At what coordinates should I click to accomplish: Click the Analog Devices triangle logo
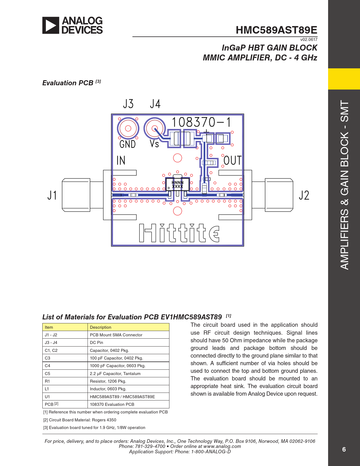tap(51, 25)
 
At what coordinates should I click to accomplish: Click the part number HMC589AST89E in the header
tap(276, 30)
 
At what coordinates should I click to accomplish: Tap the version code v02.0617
tap(309, 40)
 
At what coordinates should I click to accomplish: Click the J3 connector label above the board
tap(128, 104)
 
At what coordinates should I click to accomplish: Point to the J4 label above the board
tap(155, 104)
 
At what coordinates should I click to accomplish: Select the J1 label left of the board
tap(52, 195)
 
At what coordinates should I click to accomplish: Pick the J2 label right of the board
tap(304, 195)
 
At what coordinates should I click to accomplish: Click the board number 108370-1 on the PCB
tap(201, 122)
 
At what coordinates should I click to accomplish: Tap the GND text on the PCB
tap(128, 144)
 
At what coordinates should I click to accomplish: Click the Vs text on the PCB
tap(154, 144)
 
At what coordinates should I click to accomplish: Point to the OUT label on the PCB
tap(232, 160)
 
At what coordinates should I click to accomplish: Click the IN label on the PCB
tap(121, 160)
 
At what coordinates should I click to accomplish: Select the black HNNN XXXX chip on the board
tap(178, 184)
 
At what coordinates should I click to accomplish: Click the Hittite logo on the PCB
tap(179, 233)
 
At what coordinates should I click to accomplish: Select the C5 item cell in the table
tap(65, 374)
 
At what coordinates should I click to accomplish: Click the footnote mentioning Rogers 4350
tap(80, 420)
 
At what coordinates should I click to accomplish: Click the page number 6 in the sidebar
tap(344, 449)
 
